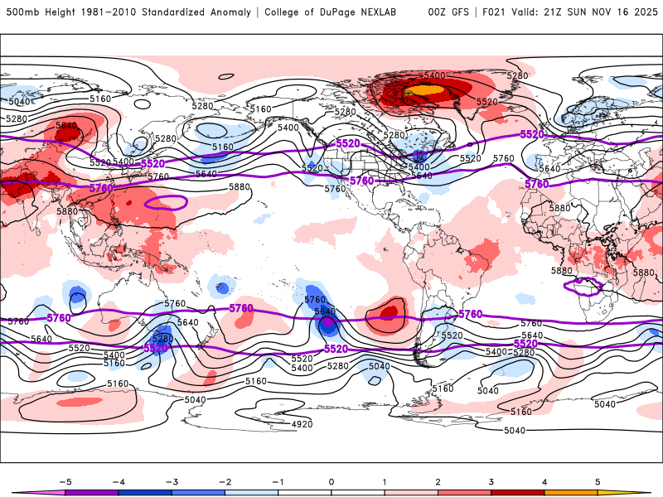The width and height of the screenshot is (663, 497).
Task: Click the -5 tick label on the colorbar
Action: coord(64,480)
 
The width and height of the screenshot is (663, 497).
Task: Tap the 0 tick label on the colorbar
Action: coord(331,480)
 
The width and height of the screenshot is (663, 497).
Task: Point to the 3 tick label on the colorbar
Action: coord(491,480)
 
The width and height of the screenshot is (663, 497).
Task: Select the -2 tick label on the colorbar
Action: coord(225,480)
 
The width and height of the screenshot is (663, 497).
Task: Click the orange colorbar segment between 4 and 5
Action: coord(571,492)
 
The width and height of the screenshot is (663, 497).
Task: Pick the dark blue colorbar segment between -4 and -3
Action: coord(144,492)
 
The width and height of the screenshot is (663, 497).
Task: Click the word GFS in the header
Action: coord(458,12)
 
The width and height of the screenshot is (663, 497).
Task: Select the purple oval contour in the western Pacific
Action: coord(167,201)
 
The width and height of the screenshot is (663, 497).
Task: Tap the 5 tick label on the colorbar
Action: coord(598,480)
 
